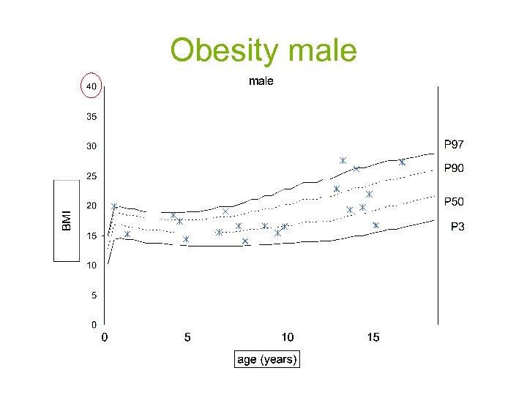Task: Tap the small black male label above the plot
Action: click(x=261, y=81)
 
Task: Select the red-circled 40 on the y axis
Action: click(x=91, y=86)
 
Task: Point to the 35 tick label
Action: click(x=91, y=116)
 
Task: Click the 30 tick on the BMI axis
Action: click(x=91, y=146)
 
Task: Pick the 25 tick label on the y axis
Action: click(x=91, y=176)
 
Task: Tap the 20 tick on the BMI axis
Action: click(x=91, y=206)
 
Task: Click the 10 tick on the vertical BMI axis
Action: click(x=91, y=266)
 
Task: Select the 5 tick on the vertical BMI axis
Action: click(x=94, y=296)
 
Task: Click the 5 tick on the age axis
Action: click(x=187, y=337)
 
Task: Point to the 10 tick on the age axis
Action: click(x=288, y=337)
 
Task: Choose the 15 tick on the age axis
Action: click(x=373, y=337)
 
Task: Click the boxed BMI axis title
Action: click(x=67, y=219)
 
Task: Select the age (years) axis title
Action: click(x=267, y=360)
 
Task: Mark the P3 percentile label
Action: click(x=457, y=227)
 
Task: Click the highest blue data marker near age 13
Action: click(x=343, y=160)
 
